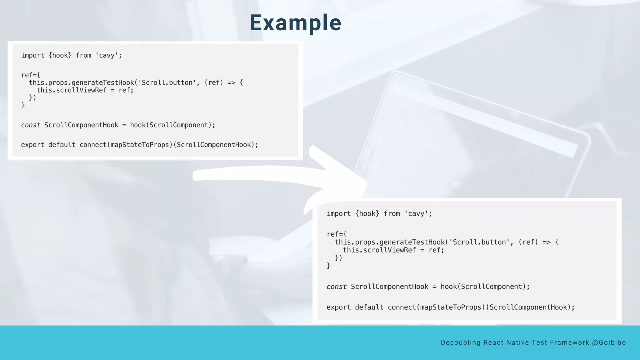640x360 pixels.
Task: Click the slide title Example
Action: [295, 23]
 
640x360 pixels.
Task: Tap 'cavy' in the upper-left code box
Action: [107, 56]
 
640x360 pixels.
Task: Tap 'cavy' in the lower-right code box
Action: [416, 214]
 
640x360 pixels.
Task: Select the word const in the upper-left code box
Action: [31, 125]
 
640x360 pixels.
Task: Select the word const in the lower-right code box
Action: [337, 287]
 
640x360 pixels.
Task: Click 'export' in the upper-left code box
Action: [32, 145]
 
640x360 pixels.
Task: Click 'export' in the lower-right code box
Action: [338, 307]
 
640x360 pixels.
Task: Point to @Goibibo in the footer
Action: [609, 342]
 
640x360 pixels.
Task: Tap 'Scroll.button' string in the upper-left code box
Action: [167, 82]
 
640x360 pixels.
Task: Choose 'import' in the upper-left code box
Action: [33, 55]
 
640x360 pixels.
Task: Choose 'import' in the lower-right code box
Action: [338, 214]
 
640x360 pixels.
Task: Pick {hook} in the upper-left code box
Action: [60, 55]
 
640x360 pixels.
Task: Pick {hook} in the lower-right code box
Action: [367, 214]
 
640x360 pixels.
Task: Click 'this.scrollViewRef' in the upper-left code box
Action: [72, 90]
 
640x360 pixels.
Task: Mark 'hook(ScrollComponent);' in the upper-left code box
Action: [172, 125]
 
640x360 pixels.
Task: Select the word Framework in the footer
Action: [569, 342]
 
